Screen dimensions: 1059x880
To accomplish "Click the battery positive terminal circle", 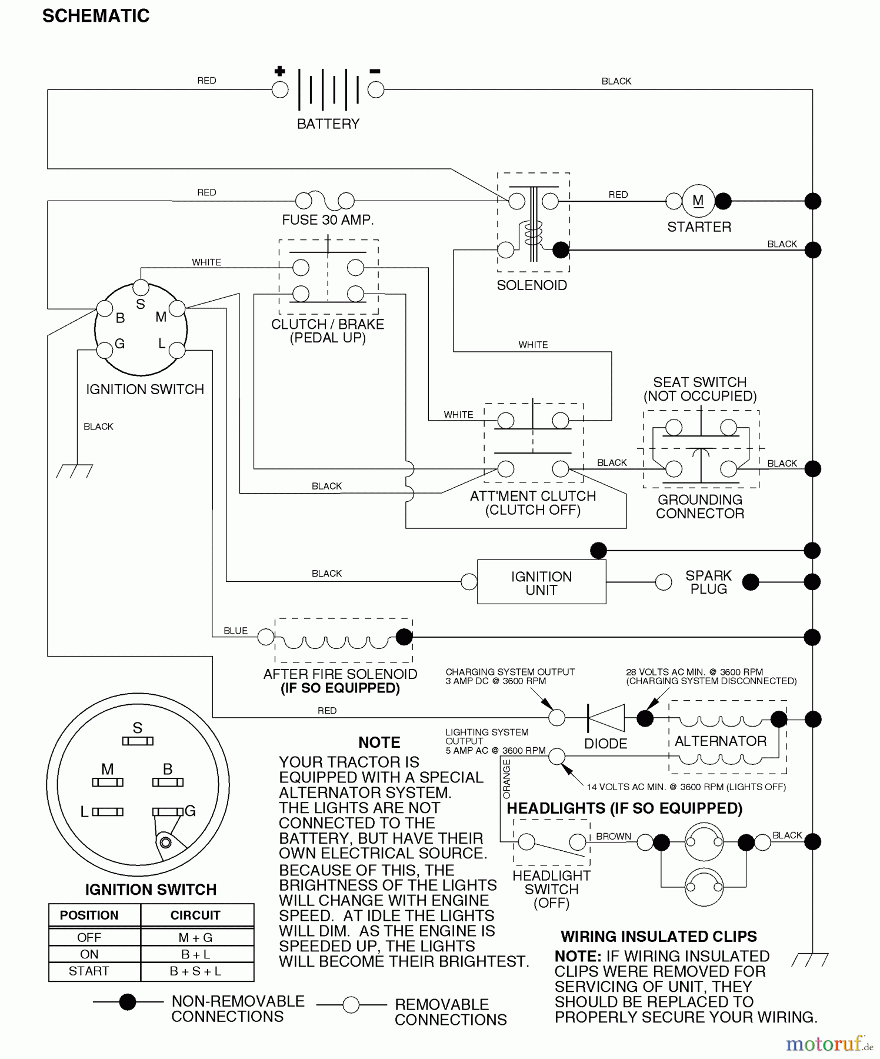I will coord(280,90).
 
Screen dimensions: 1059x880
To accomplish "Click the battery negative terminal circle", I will coord(376,90).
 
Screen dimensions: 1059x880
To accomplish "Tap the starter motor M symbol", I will coord(698,201).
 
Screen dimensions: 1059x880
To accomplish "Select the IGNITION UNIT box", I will coord(541,582).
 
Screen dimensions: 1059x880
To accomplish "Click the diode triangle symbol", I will coord(606,718).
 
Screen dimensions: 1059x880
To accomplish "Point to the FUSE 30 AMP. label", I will coord(328,220).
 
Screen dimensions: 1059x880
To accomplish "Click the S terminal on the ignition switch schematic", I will coord(141,287).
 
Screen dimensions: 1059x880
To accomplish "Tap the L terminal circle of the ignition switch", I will coord(177,351).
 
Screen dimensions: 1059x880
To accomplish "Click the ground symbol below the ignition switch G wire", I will coord(74,471).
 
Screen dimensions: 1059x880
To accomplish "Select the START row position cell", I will coord(89,971).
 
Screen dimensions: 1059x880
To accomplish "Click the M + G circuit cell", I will coord(195,938).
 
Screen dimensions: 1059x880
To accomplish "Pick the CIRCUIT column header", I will coord(195,915).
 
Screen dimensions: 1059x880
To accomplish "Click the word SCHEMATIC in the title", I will coord(96,16).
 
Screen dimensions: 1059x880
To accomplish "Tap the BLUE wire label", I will coord(235,631).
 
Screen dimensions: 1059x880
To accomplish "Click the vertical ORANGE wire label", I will coord(506,779).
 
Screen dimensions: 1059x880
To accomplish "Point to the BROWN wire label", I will coord(614,836).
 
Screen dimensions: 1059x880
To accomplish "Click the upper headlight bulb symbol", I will coord(704,842).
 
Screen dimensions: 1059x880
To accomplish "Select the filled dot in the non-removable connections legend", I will coord(128,1002).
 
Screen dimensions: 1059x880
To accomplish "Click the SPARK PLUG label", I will coord(708,582).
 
